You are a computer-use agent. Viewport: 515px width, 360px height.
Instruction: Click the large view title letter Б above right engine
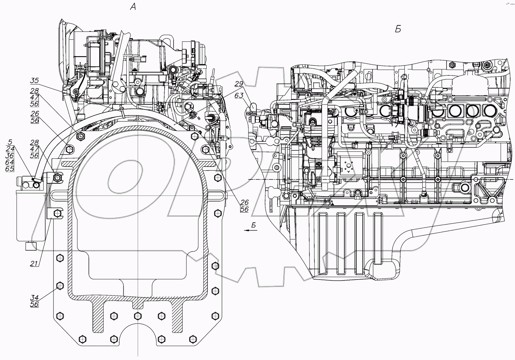coord(398,29)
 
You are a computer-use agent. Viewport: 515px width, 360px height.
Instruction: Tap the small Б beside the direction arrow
coord(254,225)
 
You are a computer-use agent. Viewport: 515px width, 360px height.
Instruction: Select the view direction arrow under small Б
coord(249,230)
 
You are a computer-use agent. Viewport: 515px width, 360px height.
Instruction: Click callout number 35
coord(34,80)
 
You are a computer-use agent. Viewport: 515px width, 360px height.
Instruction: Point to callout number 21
coord(34,263)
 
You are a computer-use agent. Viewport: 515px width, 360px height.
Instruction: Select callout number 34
coord(34,298)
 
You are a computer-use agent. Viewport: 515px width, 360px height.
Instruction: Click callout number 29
coord(239,84)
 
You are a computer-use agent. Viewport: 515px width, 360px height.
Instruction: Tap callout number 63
coord(239,95)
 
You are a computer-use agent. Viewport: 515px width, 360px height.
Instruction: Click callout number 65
coord(10,169)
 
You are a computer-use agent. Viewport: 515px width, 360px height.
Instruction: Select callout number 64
coord(10,162)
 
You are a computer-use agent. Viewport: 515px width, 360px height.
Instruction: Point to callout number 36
coord(10,155)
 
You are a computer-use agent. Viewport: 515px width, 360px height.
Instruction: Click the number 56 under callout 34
coord(34,304)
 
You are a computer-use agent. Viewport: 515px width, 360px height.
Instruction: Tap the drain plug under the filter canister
coord(31,246)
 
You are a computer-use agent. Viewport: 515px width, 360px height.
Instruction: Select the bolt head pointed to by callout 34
coord(60,286)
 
